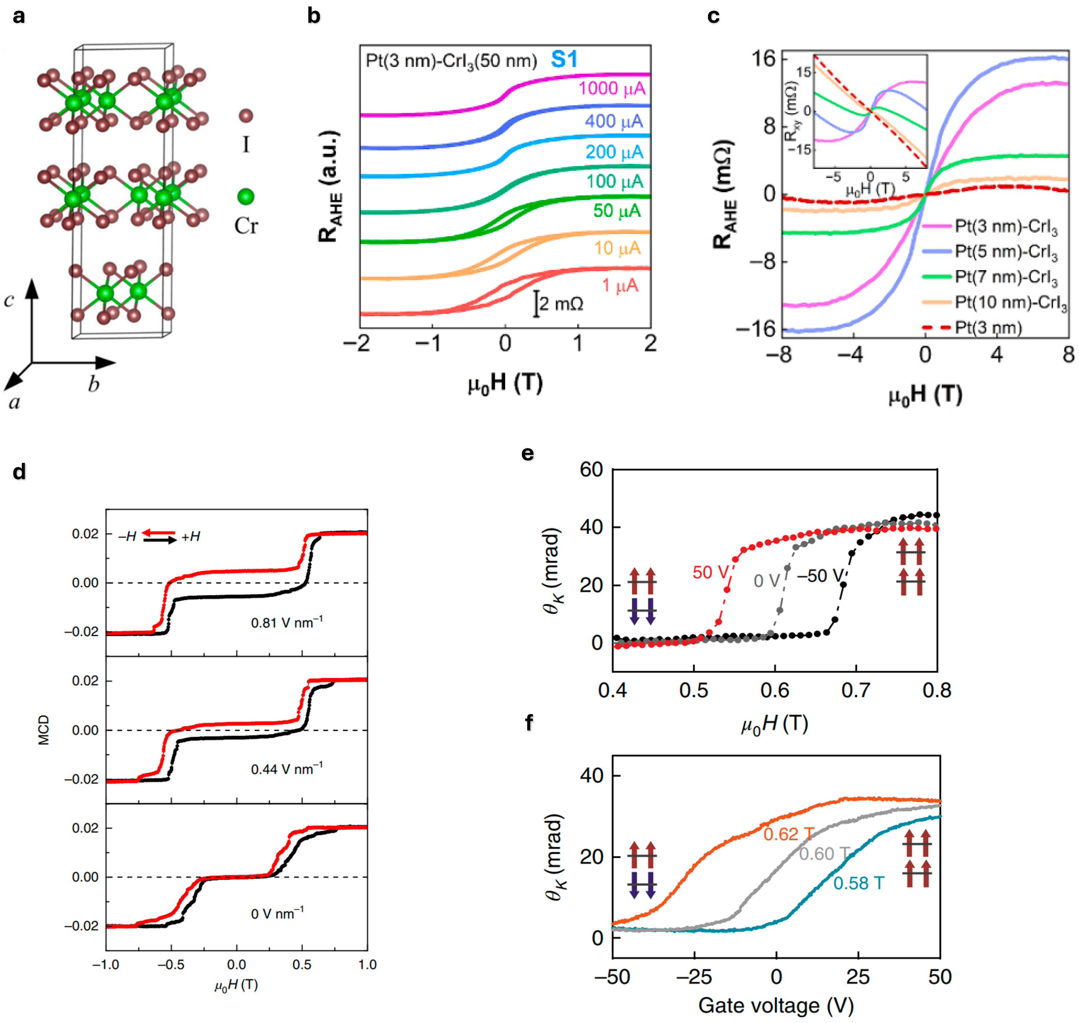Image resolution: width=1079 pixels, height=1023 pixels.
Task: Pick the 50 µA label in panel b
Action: tap(616, 211)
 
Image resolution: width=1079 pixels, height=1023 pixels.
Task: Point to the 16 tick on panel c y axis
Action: tap(763, 58)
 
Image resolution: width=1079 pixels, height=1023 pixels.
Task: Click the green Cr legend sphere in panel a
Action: tap(246, 196)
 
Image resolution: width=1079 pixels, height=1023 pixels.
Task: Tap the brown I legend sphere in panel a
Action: tap(246, 116)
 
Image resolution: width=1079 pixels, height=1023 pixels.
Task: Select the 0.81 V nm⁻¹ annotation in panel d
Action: tap(287, 622)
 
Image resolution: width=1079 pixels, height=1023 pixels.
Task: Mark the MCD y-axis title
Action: tap(44, 730)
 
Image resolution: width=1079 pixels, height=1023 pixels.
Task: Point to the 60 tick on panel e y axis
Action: tap(591, 469)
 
